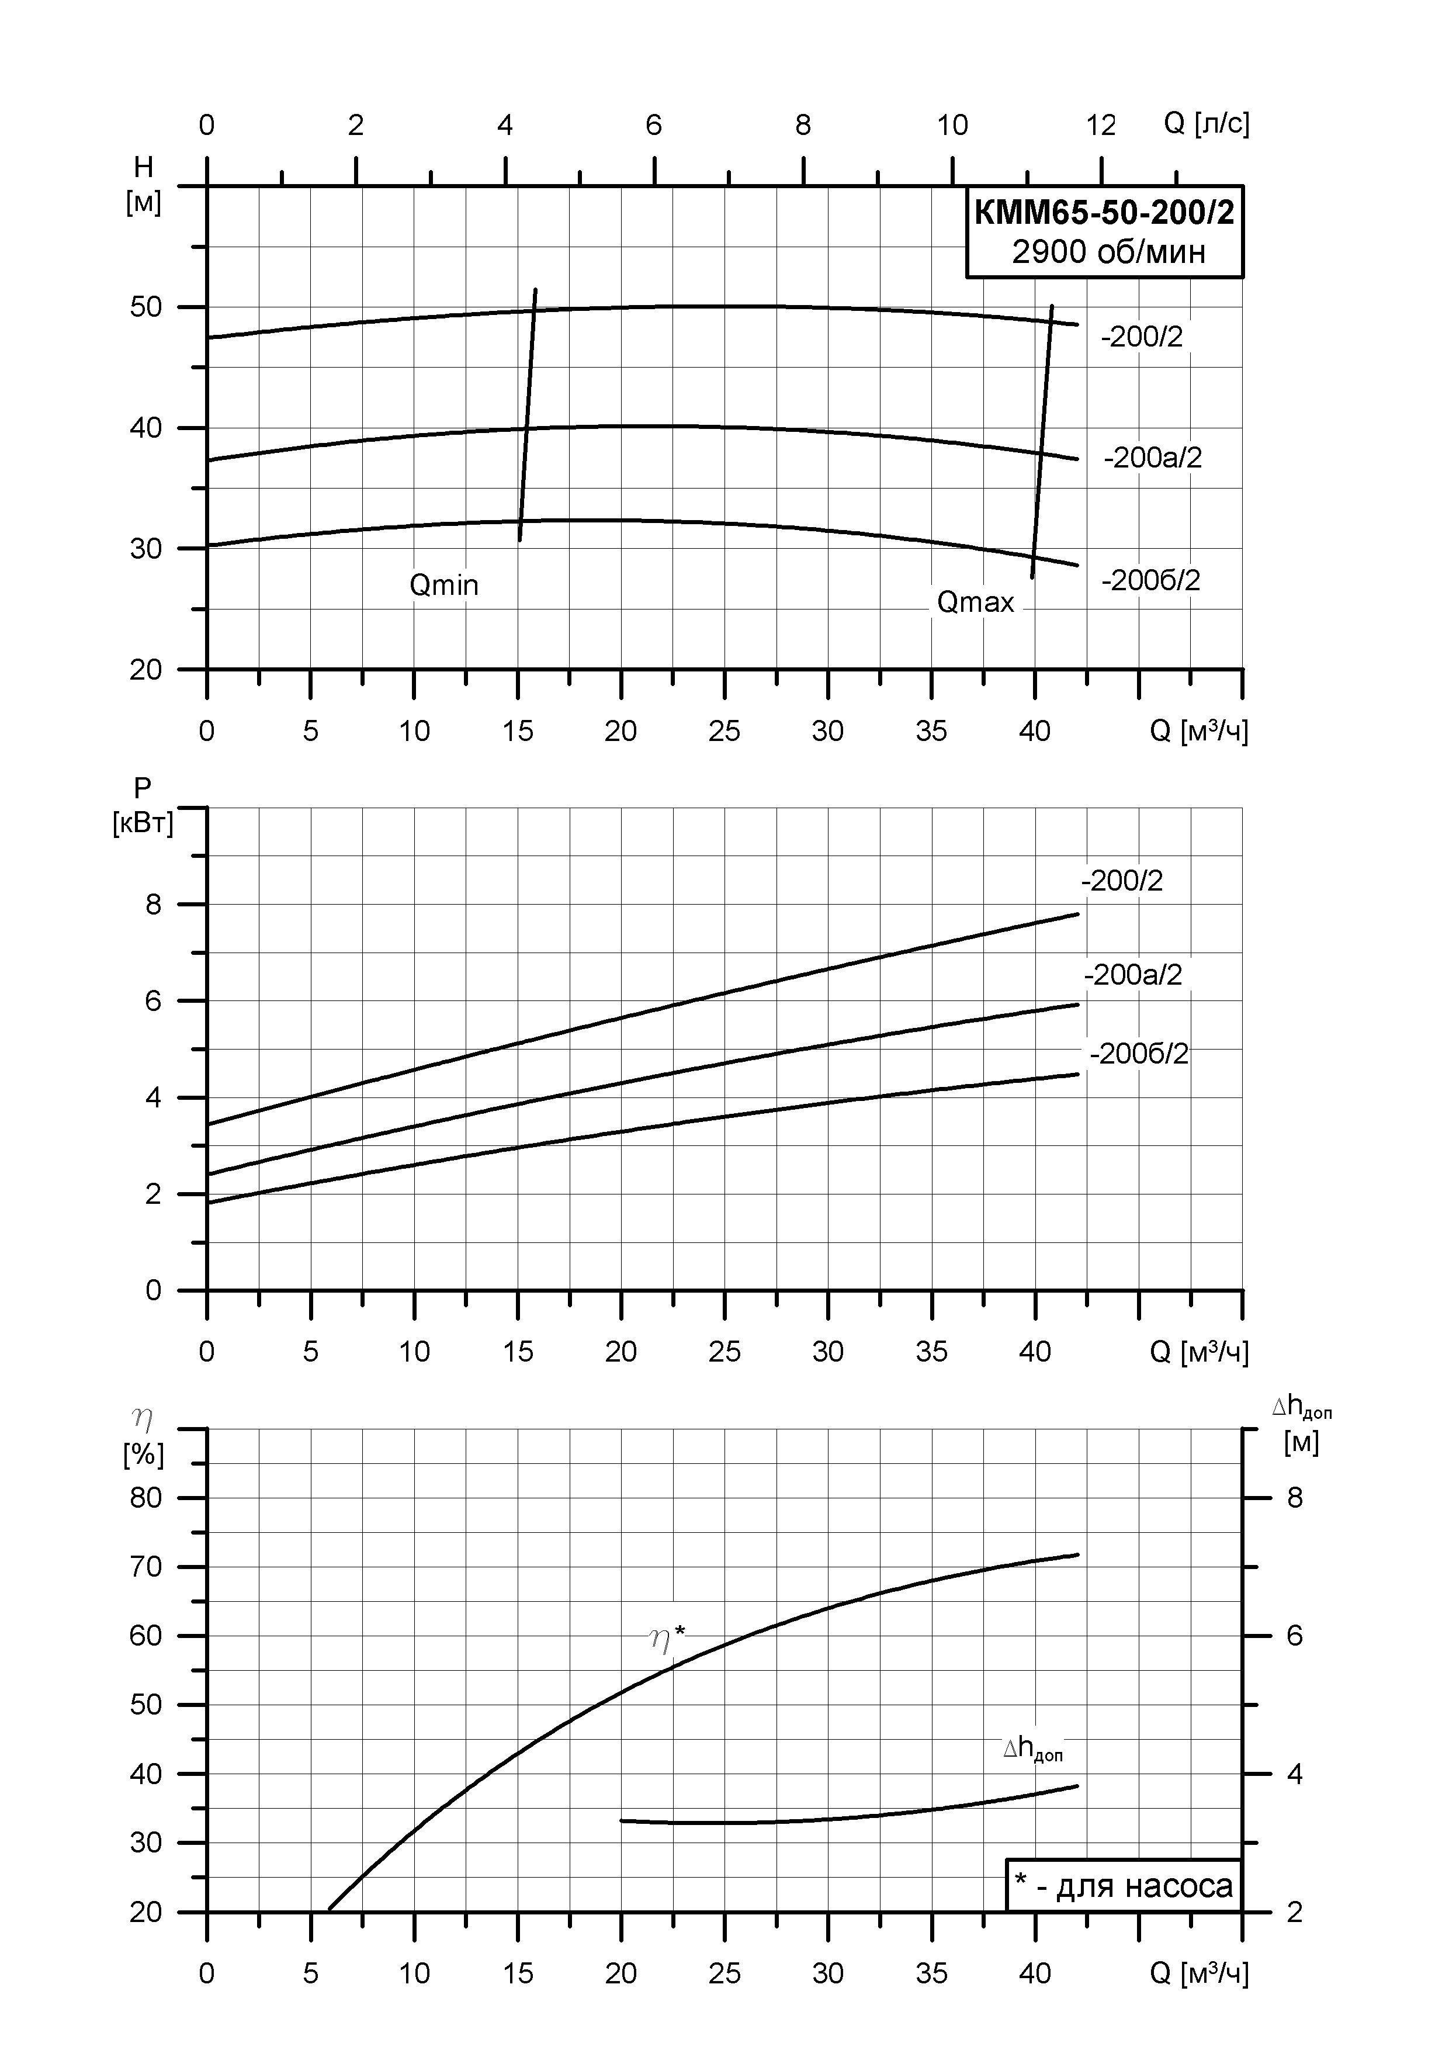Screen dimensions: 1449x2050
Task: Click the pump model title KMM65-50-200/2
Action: point(1104,213)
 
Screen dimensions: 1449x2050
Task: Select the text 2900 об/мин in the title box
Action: point(1108,252)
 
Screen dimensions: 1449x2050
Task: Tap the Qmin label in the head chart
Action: point(443,585)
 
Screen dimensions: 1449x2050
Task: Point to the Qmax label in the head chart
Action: point(975,602)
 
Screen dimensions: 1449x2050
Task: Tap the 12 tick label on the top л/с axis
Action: point(1101,125)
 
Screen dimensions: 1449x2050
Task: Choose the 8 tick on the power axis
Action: point(154,905)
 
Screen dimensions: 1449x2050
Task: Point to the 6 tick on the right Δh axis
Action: point(1295,1635)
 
